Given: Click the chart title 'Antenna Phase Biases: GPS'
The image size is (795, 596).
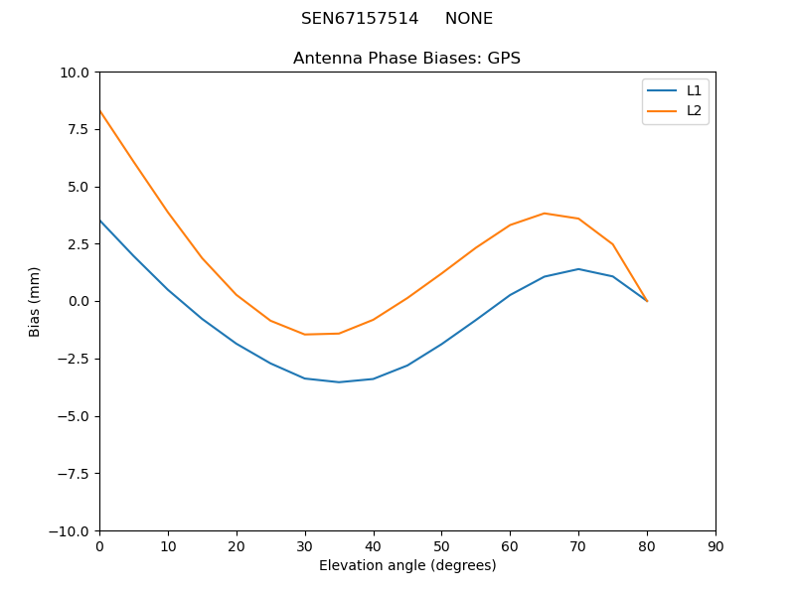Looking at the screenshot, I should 406,59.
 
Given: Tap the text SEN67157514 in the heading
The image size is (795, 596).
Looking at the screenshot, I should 360,19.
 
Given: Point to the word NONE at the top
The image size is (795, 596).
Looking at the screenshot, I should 469,19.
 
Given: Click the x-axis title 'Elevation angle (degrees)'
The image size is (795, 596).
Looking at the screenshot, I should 407,566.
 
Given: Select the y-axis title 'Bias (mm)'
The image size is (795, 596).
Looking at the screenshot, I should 35,301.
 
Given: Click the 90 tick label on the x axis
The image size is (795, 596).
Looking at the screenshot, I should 715,546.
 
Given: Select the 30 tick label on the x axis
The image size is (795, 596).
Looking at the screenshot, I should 305,546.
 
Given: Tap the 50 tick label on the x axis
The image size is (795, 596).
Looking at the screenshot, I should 441,546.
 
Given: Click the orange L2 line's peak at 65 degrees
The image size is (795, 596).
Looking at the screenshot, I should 545,214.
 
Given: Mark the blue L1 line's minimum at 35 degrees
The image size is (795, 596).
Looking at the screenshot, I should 339,382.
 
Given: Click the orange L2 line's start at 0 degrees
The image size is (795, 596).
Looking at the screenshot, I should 99,110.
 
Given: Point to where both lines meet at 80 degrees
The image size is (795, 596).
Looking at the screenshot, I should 647,301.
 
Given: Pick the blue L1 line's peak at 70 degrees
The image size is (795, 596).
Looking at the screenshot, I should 578,269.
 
